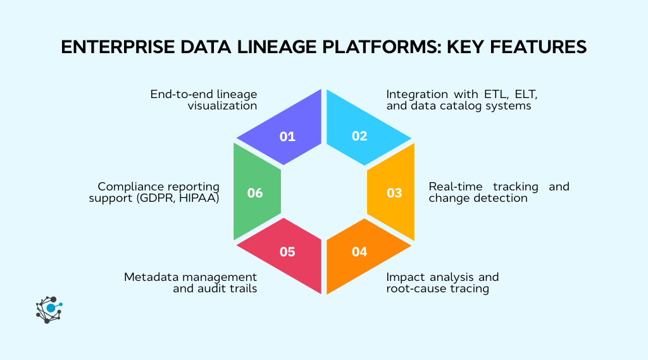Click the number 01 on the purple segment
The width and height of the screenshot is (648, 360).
coord(287,136)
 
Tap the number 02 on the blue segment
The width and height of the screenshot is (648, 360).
coord(359,136)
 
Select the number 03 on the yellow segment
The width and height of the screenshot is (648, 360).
coord(394,192)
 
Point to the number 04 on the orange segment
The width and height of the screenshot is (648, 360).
coord(359,251)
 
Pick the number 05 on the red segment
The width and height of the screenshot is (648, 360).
coord(287,251)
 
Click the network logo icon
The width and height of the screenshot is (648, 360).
coord(49,309)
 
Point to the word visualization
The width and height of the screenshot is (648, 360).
coord(222,106)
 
